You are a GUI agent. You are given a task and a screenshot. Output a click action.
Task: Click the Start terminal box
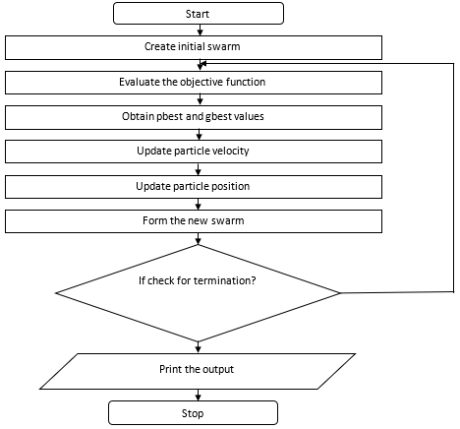tap(198, 13)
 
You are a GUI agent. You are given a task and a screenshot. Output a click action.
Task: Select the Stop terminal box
tap(193, 413)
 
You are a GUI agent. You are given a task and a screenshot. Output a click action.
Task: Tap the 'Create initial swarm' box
tap(193, 47)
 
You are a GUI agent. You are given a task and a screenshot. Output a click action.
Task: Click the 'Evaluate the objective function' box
tap(193, 82)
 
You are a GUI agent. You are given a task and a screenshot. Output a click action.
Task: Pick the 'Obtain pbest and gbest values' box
tap(193, 117)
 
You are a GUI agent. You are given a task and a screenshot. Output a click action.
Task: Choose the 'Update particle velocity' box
tap(193, 152)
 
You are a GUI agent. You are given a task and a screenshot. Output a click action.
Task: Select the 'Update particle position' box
tap(193, 186)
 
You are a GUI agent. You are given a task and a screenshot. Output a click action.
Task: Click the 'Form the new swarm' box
tap(193, 220)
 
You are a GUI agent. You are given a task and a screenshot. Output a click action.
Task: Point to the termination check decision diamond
tap(198, 292)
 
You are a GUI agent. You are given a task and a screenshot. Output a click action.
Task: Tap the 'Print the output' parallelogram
tap(196, 369)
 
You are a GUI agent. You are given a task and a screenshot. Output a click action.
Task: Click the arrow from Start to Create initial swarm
tap(199, 30)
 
